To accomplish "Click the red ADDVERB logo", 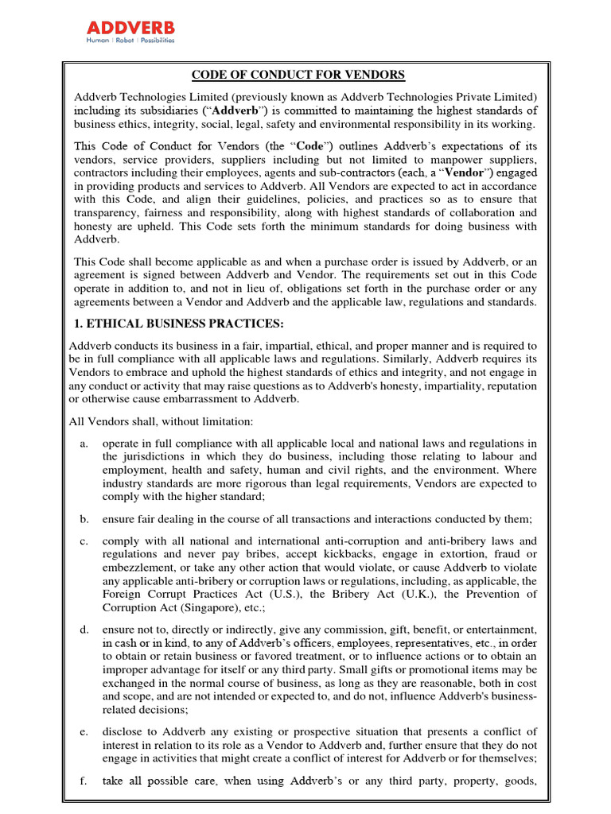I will coord(130,28).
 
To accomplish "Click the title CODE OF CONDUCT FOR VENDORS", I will coord(298,75).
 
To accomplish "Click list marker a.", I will coord(84,443).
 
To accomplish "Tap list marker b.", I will coord(84,519).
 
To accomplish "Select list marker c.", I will coord(84,541).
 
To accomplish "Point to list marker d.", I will coord(84,630).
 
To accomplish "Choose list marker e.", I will coord(84,731).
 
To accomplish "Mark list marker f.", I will coord(84,781).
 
